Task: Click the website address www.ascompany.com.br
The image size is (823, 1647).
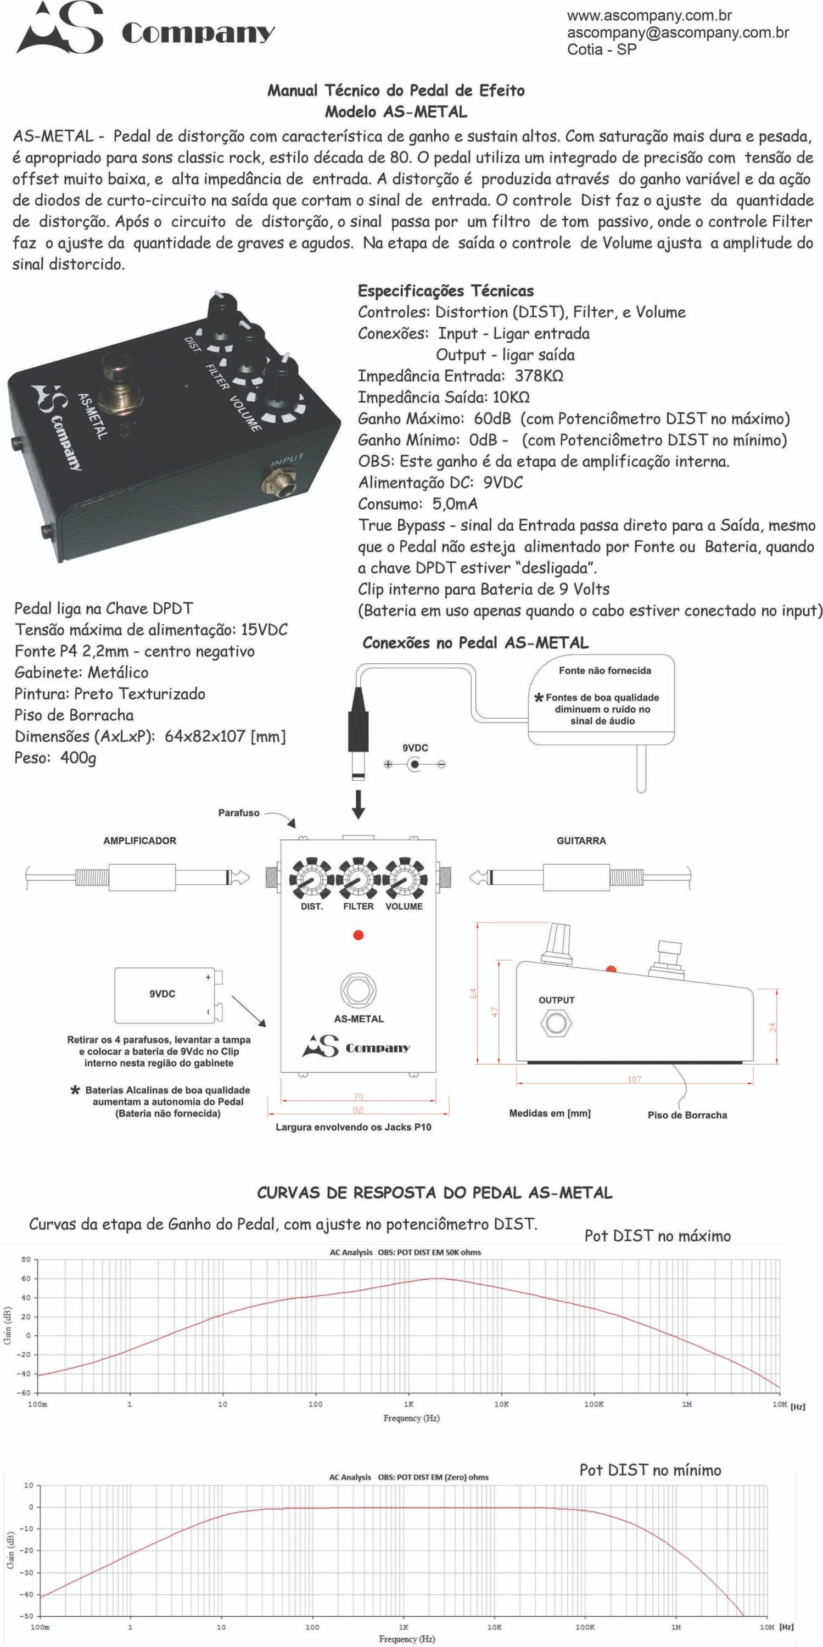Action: [649, 15]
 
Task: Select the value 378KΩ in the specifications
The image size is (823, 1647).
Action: [539, 376]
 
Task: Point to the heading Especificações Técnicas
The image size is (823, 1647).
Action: [445, 291]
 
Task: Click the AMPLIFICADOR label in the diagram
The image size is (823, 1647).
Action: [139, 841]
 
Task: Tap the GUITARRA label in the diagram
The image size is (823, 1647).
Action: [581, 841]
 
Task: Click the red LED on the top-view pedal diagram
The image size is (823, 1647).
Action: [358, 935]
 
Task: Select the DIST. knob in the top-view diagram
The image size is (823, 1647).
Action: [311, 879]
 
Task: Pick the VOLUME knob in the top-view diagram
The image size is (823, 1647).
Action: [404, 879]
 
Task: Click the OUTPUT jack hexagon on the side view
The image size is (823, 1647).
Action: [555, 1023]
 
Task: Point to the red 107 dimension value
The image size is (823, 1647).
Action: [634, 1079]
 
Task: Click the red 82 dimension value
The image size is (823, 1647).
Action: [358, 1110]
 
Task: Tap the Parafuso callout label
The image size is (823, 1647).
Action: [238, 813]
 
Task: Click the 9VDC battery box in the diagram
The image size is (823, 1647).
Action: [164, 995]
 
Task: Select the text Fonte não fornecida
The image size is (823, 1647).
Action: [604, 671]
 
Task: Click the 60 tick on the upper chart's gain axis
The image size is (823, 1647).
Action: [26, 1279]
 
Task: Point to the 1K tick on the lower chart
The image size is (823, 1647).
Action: [404, 1627]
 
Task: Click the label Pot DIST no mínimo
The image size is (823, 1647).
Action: [650, 1470]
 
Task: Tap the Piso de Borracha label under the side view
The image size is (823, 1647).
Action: [687, 1115]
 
